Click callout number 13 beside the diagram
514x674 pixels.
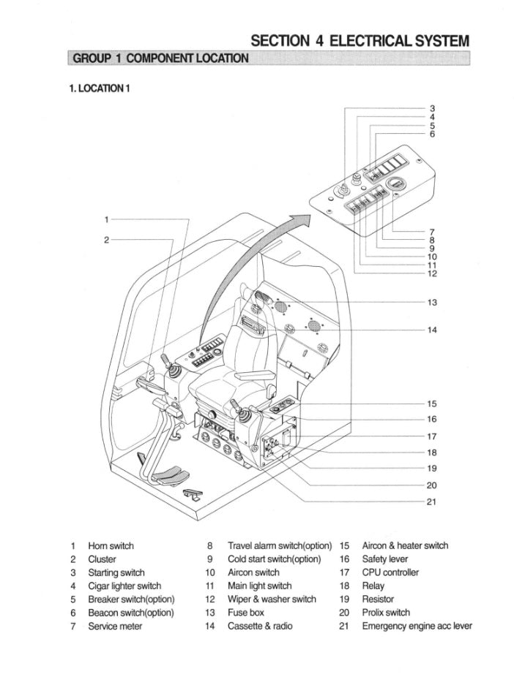coord(432,303)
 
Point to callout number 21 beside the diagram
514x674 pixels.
coord(432,501)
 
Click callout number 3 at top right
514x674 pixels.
coord(432,108)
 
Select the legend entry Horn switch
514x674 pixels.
coord(111,545)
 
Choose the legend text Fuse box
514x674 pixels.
coord(246,613)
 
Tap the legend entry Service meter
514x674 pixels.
coord(115,626)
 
